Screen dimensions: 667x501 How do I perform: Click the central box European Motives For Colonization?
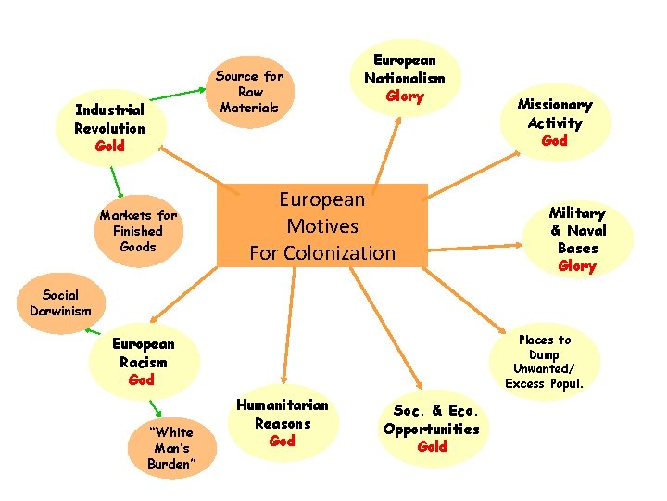(x=322, y=225)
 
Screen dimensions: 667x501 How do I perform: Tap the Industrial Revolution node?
(x=110, y=128)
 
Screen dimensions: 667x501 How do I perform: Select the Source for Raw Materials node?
(x=250, y=92)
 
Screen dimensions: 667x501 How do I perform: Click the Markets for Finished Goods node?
(x=138, y=231)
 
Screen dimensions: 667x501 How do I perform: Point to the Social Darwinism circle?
(x=60, y=302)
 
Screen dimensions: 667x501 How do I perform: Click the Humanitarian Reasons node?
(x=282, y=423)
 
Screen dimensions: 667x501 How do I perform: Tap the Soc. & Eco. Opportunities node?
(x=431, y=428)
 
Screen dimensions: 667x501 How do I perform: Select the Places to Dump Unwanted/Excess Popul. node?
(x=545, y=361)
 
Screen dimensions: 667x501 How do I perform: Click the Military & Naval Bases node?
(x=577, y=238)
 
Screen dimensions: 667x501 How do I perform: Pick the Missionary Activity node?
(x=555, y=122)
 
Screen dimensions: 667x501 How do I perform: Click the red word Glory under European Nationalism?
(x=404, y=96)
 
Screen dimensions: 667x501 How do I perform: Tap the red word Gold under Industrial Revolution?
(x=109, y=147)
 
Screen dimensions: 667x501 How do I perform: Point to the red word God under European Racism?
(x=142, y=380)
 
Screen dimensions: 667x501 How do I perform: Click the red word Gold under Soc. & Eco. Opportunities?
(x=432, y=446)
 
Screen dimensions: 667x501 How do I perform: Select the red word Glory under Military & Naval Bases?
(x=577, y=266)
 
